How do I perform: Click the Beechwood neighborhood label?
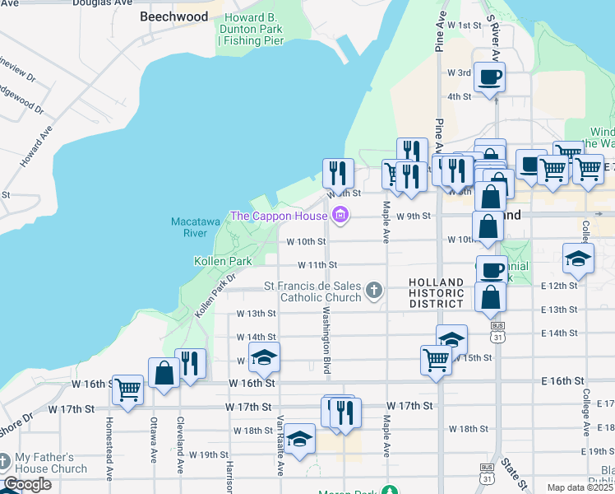click(173, 16)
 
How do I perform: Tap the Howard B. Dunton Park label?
click(250, 29)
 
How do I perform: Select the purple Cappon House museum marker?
click(340, 217)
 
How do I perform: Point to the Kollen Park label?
click(222, 261)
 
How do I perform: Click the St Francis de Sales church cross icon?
click(374, 289)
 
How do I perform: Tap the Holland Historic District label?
click(437, 293)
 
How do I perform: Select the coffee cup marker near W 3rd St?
click(490, 78)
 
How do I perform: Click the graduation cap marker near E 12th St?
click(579, 258)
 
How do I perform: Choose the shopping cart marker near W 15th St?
click(435, 358)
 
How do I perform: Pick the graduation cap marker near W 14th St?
click(451, 338)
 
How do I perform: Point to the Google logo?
click(28, 484)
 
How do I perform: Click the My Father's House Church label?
click(50, 463)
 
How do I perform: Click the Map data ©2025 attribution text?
click(580, 487)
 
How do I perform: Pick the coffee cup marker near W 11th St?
click(492, 269)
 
